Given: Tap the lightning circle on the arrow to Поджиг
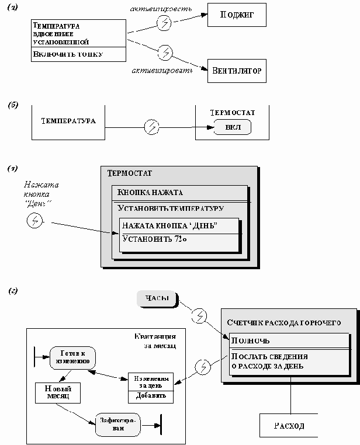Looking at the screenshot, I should [x=165, y=25].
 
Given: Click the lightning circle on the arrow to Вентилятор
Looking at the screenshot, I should [x=165, y=52].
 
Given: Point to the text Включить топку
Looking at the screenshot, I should [x=68, y=54].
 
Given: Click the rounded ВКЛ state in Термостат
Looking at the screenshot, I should [x=232, y=128].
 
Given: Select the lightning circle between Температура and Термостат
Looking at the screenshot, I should [x=151, y=126].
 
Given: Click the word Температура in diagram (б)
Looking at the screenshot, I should [x=68, y=121].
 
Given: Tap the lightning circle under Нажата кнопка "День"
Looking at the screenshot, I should [x=35, y=220].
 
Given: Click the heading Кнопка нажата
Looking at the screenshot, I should [x=151, y=193].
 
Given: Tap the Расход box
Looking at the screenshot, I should [x=289, y=426].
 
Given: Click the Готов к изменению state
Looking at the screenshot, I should [x=72, y=357].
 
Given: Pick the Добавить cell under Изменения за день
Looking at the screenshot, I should [x=151, y=396].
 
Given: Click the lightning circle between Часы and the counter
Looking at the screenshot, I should [x=199, y=316].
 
